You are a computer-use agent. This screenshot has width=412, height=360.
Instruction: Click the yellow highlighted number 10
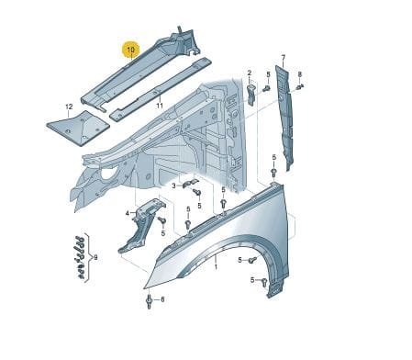pos(130,50)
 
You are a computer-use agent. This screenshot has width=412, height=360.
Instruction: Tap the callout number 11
pos(160,106)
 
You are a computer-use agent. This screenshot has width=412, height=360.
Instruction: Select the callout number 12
pos(69,107)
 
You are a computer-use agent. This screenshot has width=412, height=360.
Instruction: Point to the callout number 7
pos(284,58)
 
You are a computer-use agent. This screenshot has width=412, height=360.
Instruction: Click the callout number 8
pos(300,74)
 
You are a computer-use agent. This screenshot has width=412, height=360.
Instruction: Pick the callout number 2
pos(250,73)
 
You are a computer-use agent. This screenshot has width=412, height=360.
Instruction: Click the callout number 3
pos(173,186)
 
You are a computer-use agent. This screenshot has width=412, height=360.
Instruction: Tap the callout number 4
pos(128,213)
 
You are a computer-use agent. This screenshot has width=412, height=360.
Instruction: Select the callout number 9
pos(95,258)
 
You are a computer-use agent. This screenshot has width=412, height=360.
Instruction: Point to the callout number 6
pos(162,299)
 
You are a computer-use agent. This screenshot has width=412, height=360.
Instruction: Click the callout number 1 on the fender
pos(216,267)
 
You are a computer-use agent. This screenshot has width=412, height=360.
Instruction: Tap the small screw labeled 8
pos(300,86)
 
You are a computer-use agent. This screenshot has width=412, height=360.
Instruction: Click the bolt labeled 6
pos(150,301)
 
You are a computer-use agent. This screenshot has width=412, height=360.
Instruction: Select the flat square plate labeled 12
pos(78,128)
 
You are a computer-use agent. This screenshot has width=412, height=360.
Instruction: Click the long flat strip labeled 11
pos(161,89)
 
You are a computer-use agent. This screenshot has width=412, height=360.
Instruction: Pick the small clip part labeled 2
pos(251,95)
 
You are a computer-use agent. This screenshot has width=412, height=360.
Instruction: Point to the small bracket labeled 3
pos(190,183)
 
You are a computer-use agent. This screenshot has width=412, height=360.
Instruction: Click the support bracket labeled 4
pos(140,225)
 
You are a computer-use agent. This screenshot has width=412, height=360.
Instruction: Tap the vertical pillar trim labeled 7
pos(284,118)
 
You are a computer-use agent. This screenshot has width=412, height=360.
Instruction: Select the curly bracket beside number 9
pos(88,258)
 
